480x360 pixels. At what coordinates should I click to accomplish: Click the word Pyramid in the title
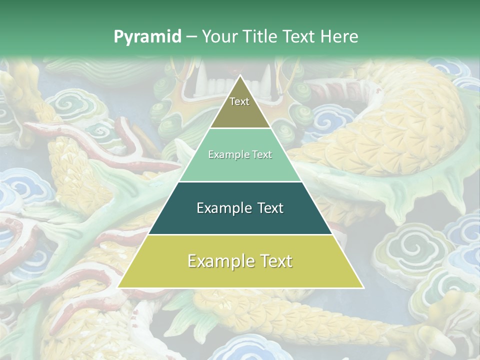pyautogui.click(x=146, y=37)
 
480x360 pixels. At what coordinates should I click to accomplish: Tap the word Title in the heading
pyautogui.click(x=258, y=36)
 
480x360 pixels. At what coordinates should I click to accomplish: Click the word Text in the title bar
pyautogui.click(x=299, y=36)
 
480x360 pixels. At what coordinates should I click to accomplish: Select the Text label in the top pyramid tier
pyautogui.click(x=239, y=101)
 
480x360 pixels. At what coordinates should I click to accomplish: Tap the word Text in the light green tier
pyautogui.click(x=261, y=154)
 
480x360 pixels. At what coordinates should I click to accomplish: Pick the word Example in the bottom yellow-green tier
pyautogui.click(x=219, y=261)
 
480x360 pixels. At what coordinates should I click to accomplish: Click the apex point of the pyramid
pyautogui.click(x=240, y=75)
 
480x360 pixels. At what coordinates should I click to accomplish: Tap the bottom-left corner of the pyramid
pyautogui.click(x=118, y=287)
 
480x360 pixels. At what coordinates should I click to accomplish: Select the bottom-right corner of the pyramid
pyautogui.click(x=363, y=287)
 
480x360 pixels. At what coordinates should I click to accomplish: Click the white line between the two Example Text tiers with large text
pyautogui.click(x=240, y=234)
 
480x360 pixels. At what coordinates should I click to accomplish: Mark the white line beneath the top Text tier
pyautogui.click(x=240, y=128)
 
